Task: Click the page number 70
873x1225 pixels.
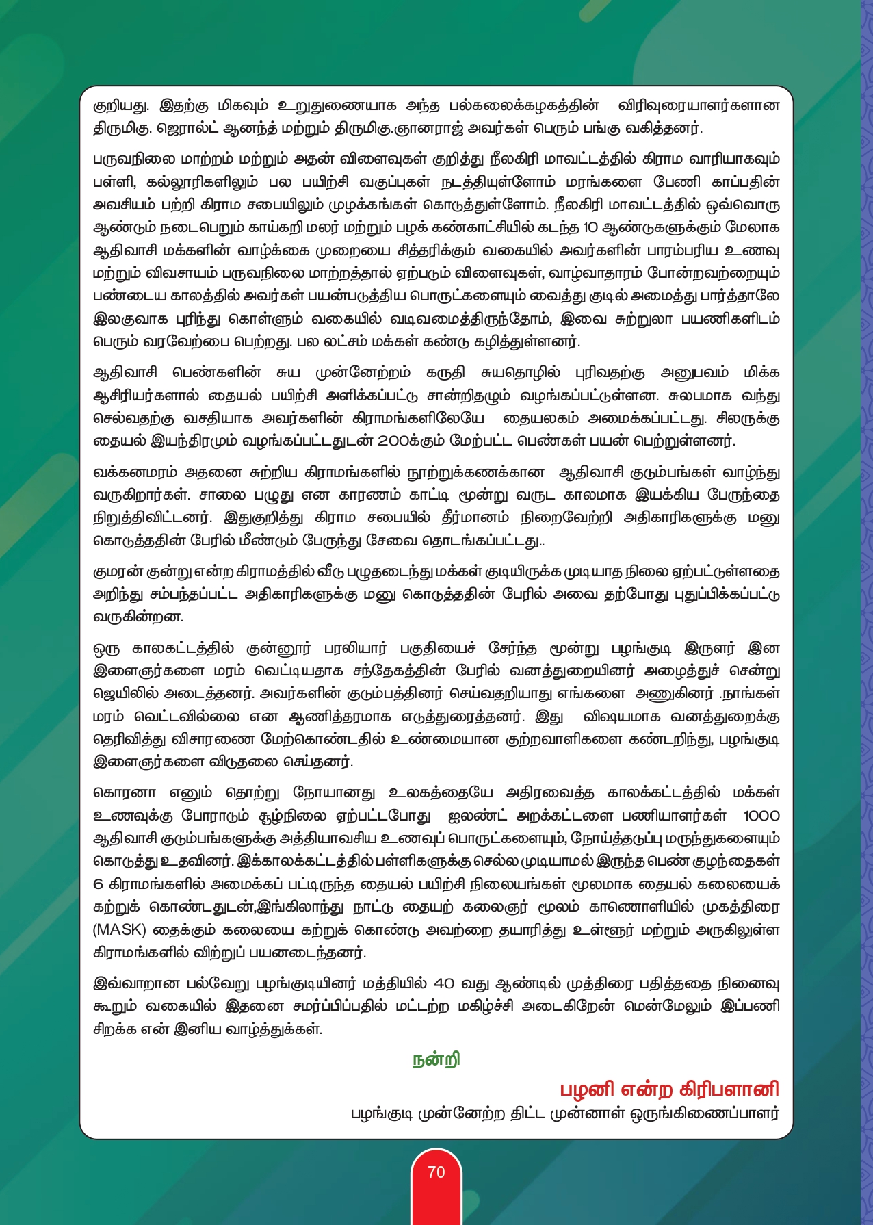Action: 436,1172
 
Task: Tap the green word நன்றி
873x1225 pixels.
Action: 436,1059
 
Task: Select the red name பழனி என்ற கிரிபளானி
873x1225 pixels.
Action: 669,1089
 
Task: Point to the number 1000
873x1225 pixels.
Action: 761,816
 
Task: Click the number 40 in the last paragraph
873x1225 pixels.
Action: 444,983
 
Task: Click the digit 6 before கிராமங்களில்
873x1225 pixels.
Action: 98,884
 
